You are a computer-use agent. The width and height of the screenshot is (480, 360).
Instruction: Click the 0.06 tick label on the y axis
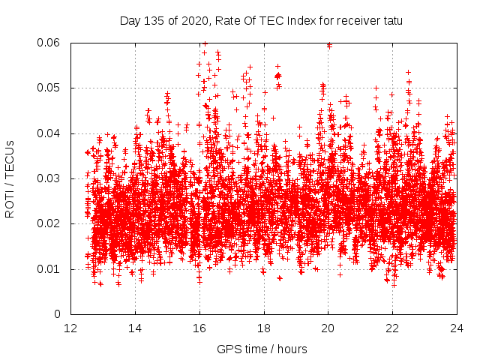coord(49,43)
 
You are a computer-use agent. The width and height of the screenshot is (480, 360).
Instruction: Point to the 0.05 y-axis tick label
coord(49,88)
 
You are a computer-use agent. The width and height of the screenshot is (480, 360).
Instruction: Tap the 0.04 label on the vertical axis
coord(49,133)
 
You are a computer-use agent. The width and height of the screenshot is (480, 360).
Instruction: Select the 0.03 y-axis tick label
coord(49,178)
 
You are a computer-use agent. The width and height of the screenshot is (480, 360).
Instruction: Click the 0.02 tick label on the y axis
coord(49,223)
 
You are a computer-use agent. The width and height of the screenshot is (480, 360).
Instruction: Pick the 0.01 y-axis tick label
coord(49,269)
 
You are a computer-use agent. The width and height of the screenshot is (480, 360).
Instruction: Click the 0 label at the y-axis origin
coord(58,314)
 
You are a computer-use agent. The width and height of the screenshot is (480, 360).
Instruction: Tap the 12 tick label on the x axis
coord(71,328)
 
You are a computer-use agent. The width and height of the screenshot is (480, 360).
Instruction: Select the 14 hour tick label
coord(135,328)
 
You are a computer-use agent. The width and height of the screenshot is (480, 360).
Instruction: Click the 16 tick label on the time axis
coord(199,328)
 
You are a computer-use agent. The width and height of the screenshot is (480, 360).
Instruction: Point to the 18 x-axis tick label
coord(264,328)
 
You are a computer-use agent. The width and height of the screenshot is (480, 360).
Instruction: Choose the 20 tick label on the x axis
coord(328,328)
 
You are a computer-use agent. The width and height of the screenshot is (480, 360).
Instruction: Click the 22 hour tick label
coord(392,328)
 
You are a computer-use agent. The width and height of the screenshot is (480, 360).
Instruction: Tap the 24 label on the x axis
coord(456,328)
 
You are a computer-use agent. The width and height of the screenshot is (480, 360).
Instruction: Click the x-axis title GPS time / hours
coord(262,349)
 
